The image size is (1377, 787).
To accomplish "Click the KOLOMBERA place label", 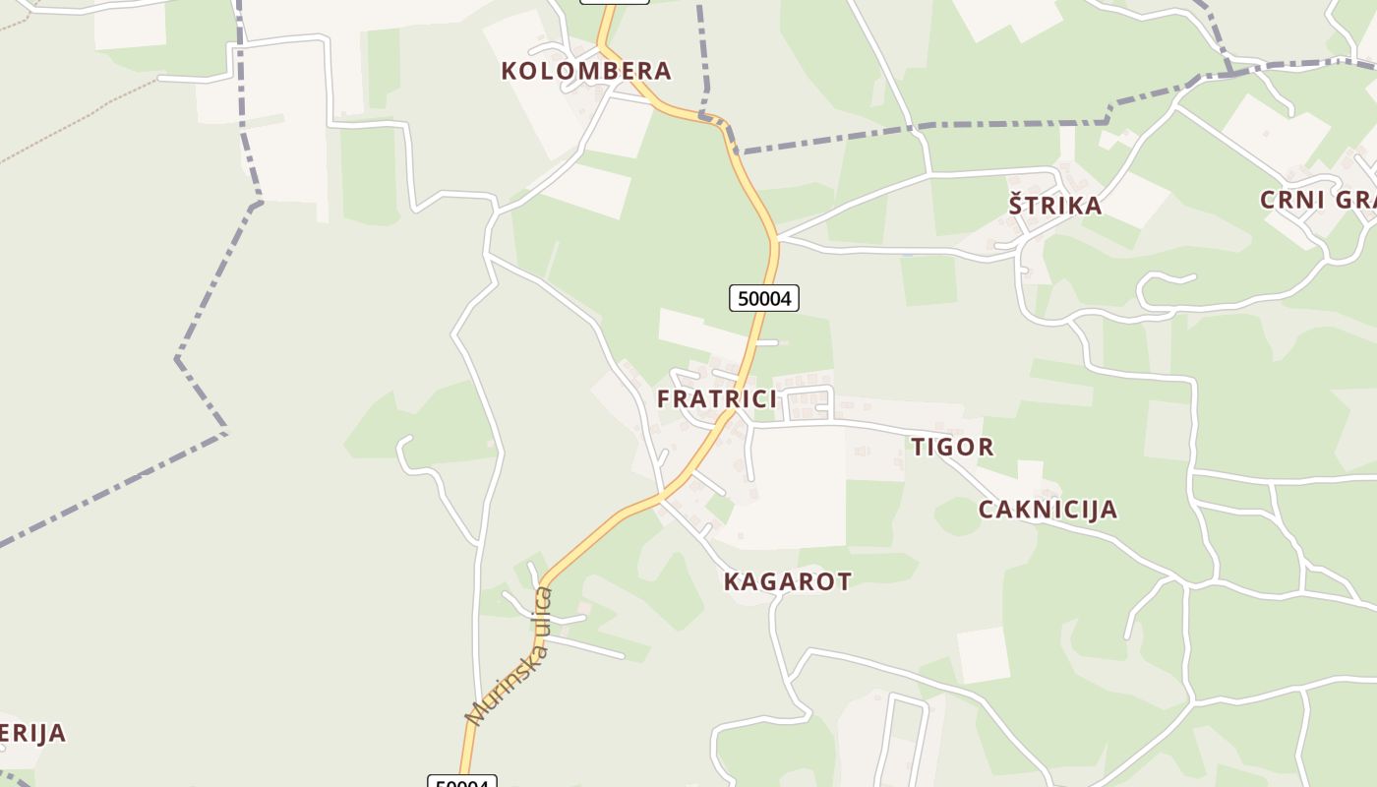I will coord(586,71).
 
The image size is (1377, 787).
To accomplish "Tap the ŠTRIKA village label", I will coord(1055,206).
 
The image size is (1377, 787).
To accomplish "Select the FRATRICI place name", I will coord(717,398).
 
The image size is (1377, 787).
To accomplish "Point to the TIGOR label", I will coord(952,447).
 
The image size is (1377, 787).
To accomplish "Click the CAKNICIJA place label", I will coord(1048,510).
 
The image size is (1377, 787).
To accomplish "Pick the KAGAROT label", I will coord(787,581).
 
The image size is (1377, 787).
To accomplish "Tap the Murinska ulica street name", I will coord(509,656).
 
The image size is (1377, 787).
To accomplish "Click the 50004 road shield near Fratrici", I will coord(764,298).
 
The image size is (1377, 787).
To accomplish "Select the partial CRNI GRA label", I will coord(1318,200).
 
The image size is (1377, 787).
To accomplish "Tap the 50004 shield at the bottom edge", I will coord(462,782).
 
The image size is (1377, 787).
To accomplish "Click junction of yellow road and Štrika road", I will coord(776,237).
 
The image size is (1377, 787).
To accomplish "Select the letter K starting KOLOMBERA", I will coord(509,71).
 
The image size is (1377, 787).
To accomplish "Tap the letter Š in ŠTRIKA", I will coord(1016,205).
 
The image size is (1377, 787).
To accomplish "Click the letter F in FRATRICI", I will coord(664,398).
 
